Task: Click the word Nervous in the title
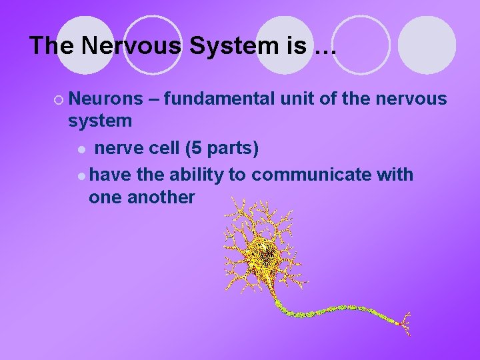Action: click(121, 46)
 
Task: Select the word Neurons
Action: click(105, 99)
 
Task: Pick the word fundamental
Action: click(220, 99)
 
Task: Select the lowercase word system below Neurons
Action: click(100, 121)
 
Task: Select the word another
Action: click(161, 197)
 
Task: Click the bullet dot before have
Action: click(81, 175)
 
